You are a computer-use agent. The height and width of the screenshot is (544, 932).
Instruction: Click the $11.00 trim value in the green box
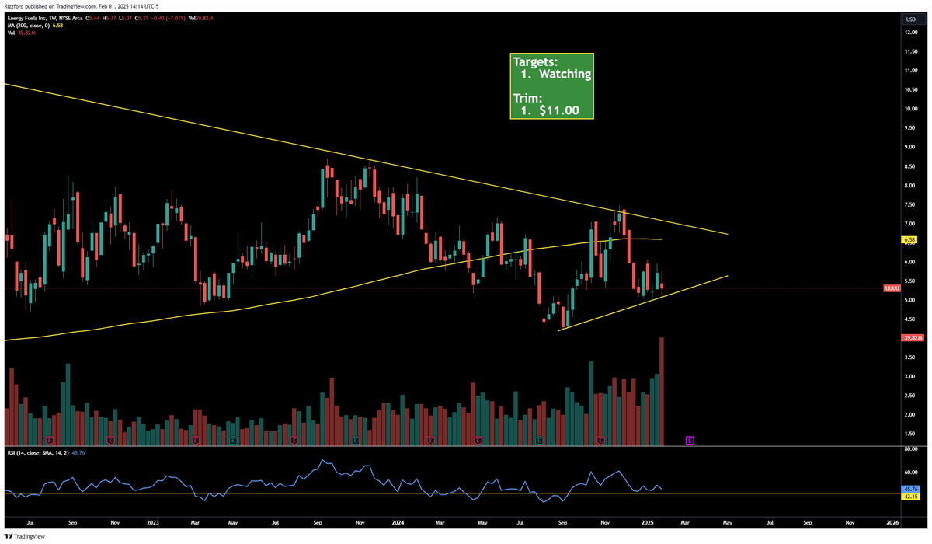coord(555,110)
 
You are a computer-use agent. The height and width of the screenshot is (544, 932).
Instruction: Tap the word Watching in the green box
coord(565,75)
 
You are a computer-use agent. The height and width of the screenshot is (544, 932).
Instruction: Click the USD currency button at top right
coord(909,19)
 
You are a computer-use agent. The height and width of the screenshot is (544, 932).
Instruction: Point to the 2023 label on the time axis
coord(152,524)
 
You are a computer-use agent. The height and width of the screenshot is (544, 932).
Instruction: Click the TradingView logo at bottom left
coord(25,535)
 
